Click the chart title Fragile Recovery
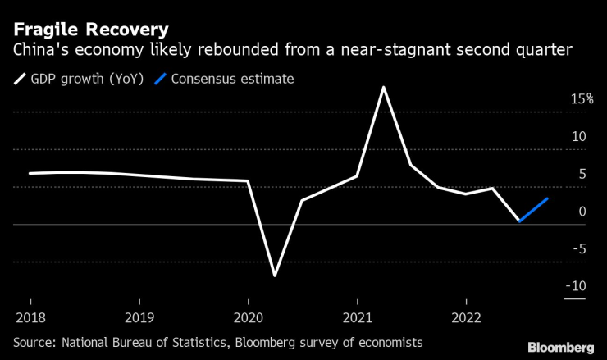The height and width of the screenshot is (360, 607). pos(91,30)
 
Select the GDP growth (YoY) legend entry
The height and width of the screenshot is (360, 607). pos(79,80)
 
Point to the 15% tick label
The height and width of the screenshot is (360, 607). pos(582,98)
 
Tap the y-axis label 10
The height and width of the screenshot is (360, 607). pos(578,136)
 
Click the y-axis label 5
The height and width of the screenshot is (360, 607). pos(582,174)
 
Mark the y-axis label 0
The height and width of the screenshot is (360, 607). pos(582,212)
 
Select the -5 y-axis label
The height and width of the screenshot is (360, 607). pos(579,248)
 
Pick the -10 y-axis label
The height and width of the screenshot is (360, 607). pos(576,286)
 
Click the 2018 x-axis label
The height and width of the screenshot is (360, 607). pos(30,317)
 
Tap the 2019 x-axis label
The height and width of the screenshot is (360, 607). pos(139,317)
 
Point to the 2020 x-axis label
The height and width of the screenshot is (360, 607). pos(248,317)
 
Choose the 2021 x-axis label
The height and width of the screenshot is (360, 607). pos(357,317)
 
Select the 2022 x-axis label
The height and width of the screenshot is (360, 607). pos(466,317)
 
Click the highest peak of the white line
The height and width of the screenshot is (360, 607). pos(384,87)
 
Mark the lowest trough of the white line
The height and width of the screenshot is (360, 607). pos(275,276)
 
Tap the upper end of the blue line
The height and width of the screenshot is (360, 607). pos(547,198)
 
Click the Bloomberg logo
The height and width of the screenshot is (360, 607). pos(561,347)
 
